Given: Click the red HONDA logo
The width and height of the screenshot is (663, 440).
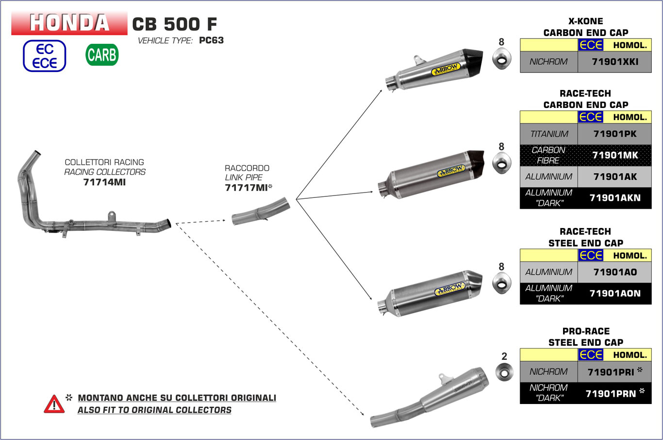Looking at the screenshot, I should pyautogui.click(x=69, y=23).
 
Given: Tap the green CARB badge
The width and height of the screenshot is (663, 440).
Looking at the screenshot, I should pyautogui.click(x=102, y=55).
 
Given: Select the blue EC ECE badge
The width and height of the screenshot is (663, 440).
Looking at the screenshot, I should pyautogui.click(x=44, y=56).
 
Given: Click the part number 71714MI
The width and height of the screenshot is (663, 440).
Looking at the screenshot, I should pyautogui.click(x=104, y=182).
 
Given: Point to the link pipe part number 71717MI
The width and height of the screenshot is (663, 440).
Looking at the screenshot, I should pyautogui.click(x=246, y=188).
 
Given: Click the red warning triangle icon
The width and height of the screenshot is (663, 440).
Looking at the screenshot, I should pyautogui.click(x=54, y=404).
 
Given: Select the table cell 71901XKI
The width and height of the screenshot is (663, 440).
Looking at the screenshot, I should pyautogui.click(x=614, y=62).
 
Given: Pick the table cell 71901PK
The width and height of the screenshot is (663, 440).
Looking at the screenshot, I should pyautogui.click(x=614, y=134).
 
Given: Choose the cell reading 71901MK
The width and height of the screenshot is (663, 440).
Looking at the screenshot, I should pyautogui.click(x=614, y=155).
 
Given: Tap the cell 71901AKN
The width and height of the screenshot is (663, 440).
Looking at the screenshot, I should pyautogui.click(x=614, y=198).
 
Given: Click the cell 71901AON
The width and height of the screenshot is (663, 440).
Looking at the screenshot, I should pyautogui.click(x=614, y=293).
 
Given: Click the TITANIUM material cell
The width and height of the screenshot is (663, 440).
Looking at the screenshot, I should pyautogui.click(x=549, y=134).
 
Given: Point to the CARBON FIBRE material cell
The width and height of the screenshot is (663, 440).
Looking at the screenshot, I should pyautogui.click(x=549, y=155).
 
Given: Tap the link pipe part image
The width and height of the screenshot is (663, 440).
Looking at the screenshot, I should pyautogui.click(x=261, y=211).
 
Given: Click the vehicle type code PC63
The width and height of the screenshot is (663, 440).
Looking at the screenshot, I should pyautogui.click(x=211, y=40).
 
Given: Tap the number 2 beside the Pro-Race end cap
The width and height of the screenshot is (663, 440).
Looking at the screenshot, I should pyautogui.click(x=504, y=356).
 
